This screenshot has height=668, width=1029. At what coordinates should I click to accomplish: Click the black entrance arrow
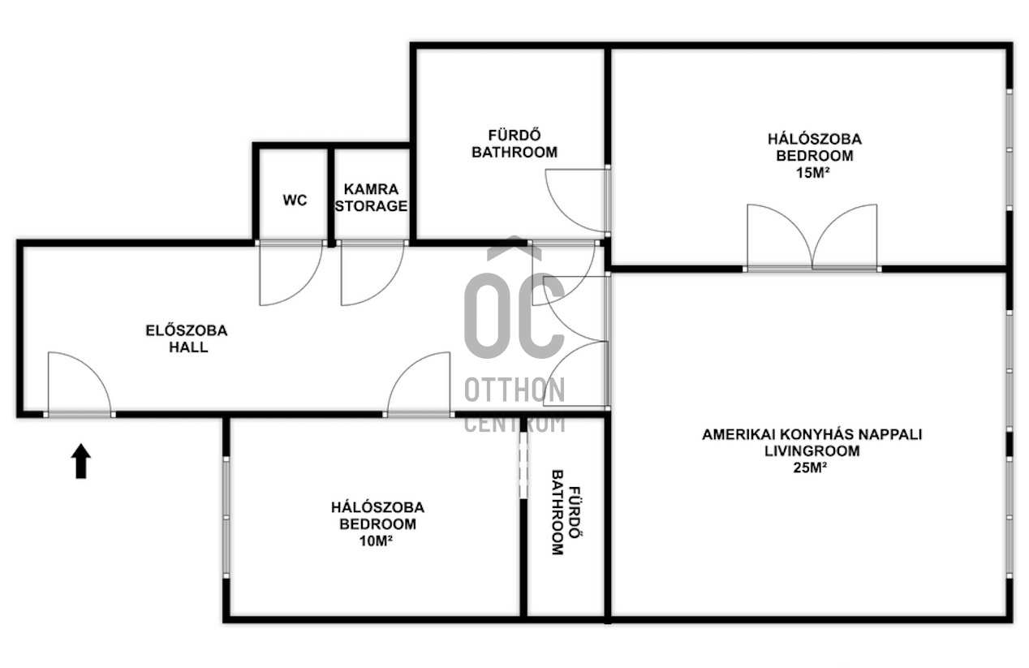[x=81, y=461]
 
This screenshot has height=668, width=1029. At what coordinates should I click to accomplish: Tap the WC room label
[x=295, y=200]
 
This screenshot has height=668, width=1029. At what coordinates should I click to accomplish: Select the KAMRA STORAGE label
[x=371, y=197]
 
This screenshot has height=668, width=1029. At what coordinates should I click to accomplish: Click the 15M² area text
[x=813, y=173]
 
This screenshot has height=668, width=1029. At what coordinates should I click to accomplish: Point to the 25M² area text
[x=811, y=468]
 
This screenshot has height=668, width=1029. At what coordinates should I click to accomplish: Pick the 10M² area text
[x=376, y=541]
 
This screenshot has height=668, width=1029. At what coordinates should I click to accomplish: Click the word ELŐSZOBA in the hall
[x=187, y=330]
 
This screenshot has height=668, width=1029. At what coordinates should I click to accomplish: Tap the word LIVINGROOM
[x=812, y=450]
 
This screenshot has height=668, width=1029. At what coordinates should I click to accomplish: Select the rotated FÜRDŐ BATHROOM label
[x=565, y=512]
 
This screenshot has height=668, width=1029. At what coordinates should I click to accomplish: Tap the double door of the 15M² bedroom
[x=812, y=237]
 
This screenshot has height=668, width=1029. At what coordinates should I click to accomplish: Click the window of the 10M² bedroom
[x=226, y=517]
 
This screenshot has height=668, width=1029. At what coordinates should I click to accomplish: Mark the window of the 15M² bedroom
[x=1010, y=150]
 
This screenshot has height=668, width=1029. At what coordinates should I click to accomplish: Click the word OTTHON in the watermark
[x=514, y=390]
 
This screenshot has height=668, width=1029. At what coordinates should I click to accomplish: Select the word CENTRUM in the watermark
[x=514, y=424]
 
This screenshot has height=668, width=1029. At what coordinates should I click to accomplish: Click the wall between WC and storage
[x=331, y=196]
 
